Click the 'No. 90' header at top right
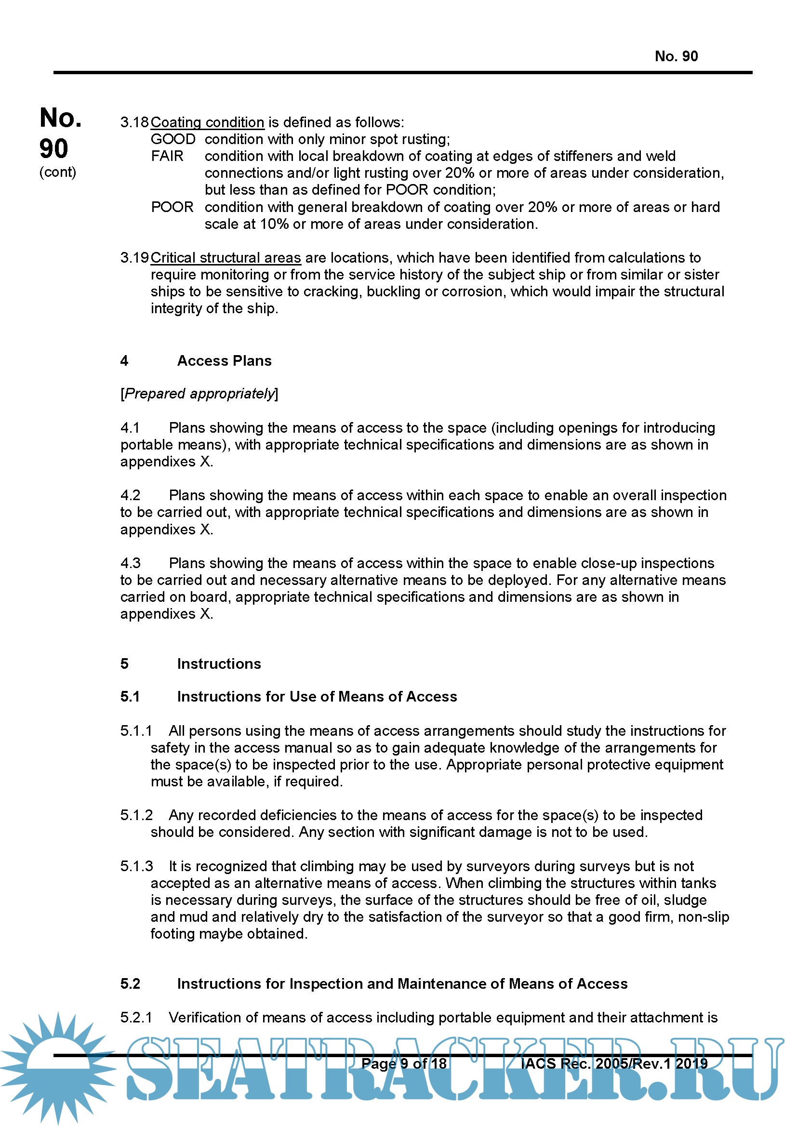(676, 56)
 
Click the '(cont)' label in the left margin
(57, 172)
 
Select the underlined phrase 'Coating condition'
(208, 122)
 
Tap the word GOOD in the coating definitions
(173, 139)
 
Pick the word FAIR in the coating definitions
(167, 156)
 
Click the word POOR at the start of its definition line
(172, 207)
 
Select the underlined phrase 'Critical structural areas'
(226, 258)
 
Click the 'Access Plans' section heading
(224, 361)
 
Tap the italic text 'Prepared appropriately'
(199, 394)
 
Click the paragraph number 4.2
(130, 495)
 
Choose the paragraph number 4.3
(130, 563)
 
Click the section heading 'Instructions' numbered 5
(219, 663)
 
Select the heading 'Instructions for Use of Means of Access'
(317, 697)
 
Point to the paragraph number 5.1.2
(136, 815)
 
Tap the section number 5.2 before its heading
(130, 984)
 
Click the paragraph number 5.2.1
(136, 1018)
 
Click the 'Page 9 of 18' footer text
(404, 1063)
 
